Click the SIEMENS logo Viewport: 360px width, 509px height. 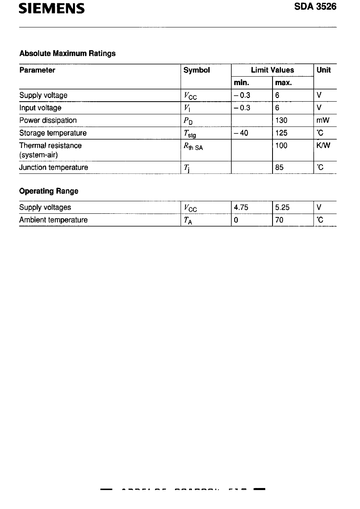[x=52, y=8]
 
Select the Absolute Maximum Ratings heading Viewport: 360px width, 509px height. [x=67, y=53]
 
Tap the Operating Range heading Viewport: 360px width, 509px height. [x=49, y=191]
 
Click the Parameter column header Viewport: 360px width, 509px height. [x=37, y=70]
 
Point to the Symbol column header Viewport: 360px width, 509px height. [x=197, y=70]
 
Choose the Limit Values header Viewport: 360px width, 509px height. [x=273, y=70]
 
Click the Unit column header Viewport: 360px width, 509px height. [x=324, y=70]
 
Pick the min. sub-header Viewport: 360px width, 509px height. [x=242, y=83]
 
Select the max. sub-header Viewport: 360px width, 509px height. [x=284, y=83]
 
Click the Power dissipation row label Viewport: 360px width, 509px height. [x=48, y=121]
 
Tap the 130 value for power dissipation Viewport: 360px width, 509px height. [x=281, y=121]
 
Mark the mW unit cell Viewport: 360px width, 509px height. [x=324, y=121]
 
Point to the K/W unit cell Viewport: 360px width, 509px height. [x=324, y=146]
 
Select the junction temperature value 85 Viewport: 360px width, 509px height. [x=279, y=167]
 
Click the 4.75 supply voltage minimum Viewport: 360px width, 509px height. [x=241, y=208]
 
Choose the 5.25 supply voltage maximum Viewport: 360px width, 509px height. [x=283, y=208]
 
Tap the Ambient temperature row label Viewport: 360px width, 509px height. [x=54, y=220]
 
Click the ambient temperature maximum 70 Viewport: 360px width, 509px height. [x=279, y=220]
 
